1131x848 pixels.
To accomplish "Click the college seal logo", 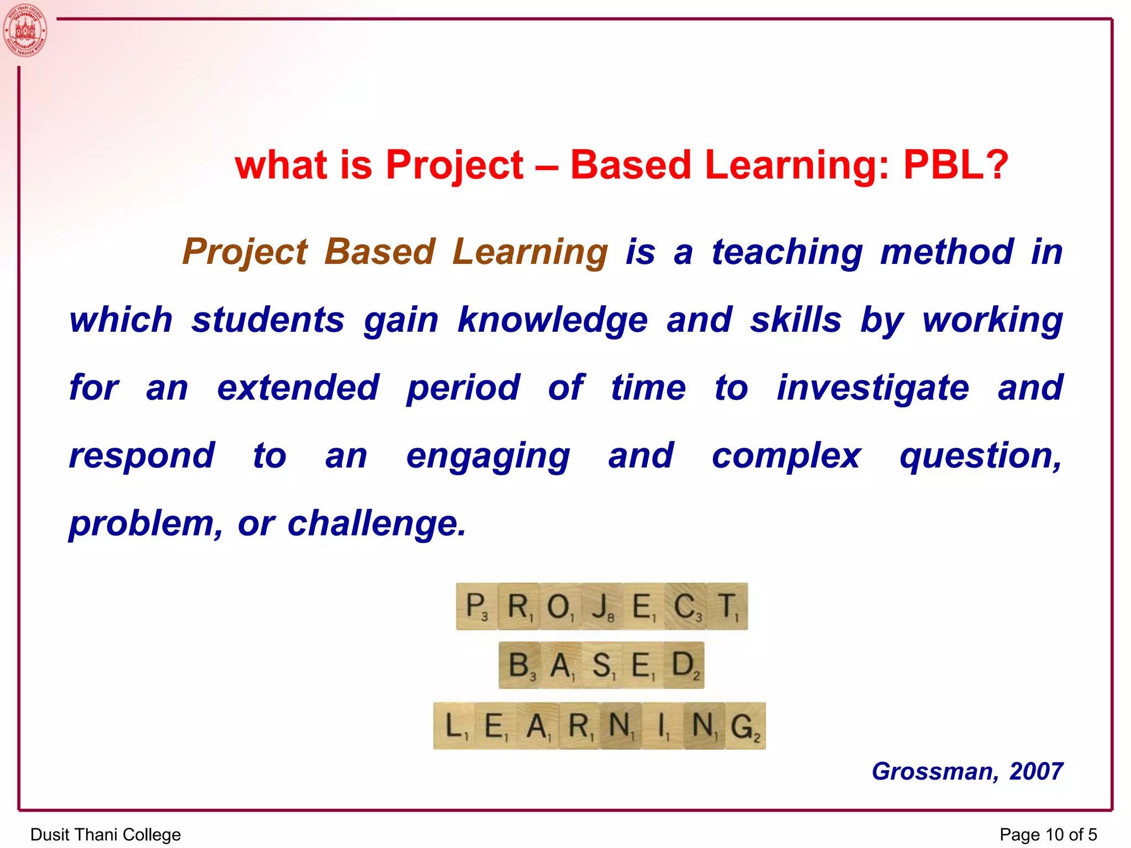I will (x=25, y=30).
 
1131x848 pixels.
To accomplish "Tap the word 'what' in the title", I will (x=281, y=165).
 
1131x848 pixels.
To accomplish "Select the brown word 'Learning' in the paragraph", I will (x=530, y=252).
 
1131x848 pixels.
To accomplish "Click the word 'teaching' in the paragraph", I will (x=787, y=252).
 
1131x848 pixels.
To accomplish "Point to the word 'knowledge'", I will (x=552, y=320).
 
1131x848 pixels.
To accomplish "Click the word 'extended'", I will (x=298, y=388).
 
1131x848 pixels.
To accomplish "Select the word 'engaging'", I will (x=488, y=457).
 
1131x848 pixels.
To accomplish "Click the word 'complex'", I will (x=786, y=457).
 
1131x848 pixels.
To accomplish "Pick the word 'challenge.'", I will (x=377, y=523).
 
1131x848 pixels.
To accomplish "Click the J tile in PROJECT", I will (x=602, y=606).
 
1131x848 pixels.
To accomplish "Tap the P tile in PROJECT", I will (x=476, y=606).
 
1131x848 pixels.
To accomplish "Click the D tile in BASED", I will (x=684, y=665).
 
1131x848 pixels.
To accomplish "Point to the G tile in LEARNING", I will (x=744, y=726).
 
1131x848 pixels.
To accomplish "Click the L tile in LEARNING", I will (x=454, y=726).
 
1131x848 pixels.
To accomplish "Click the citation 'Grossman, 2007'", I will (x=967, y=771).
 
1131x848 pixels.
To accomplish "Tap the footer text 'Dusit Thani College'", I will (x=105, y=834).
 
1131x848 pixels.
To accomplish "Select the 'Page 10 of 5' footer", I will (x=1048, y=834).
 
